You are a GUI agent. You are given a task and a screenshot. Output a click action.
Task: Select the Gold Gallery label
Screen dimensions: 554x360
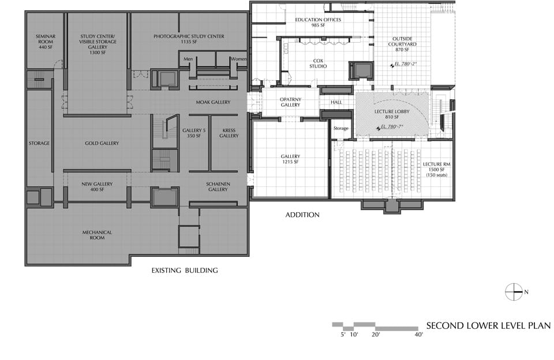click(102, 143)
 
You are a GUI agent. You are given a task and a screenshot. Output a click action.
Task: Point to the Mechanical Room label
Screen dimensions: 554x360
click(97, 235)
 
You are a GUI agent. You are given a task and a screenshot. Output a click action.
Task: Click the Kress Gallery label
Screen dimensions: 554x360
click(229, 133)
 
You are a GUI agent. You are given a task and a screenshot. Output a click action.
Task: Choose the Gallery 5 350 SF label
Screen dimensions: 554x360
click(194, 133)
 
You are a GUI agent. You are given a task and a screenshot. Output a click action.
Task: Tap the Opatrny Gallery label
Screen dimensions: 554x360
click(290, 102)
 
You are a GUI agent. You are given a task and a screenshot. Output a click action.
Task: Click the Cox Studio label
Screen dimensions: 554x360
click(318, 63)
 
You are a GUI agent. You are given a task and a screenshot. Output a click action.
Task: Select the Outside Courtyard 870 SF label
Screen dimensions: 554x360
click(402, 44)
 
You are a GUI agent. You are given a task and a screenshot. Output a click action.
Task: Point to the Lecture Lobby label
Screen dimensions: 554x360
click(392, 111)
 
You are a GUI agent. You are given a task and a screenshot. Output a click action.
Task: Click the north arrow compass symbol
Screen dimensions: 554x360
click(514, 292)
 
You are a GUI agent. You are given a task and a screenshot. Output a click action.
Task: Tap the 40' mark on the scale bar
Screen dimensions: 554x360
click(419, 335)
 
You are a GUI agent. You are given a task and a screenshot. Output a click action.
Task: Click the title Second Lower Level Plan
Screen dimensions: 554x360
click(488, 326)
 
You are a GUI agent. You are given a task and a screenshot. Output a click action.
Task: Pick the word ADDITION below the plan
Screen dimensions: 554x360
click(302, 215)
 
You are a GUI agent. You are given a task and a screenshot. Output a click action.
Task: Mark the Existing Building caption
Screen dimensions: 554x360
click(185, 271)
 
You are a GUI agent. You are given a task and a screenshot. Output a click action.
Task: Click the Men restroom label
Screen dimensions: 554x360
click(188, 59)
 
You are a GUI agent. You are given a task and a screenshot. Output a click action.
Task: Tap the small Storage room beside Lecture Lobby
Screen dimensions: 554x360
click(340, 128)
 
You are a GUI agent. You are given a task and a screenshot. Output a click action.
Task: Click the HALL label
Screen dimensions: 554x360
click(336, 102)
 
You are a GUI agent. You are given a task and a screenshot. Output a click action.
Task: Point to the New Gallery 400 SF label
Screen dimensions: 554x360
click(97, 186)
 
